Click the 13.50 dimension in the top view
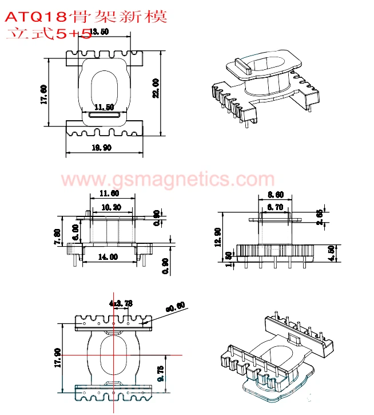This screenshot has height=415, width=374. click(100, 32)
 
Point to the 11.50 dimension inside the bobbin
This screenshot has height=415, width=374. click(104, 107)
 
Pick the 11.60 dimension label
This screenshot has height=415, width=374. click(109, 193)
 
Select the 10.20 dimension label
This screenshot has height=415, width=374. click(110, 207)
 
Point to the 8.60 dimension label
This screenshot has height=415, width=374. click(275, 195)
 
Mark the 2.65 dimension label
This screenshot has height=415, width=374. click(319, 216)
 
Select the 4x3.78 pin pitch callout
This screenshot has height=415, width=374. click(121, 303)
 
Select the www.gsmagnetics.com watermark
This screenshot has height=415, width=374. click(168, 179)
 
